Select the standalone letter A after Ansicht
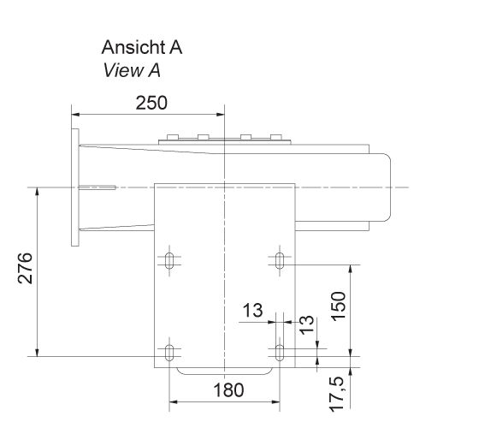point(175,48)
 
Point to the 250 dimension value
point(151,103)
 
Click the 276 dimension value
point(25,270)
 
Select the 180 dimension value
point(227,390)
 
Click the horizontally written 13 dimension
point(251,311)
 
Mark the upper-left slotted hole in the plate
point(170,259)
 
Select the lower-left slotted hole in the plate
point(170,352)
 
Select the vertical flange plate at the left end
point(74,187)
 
